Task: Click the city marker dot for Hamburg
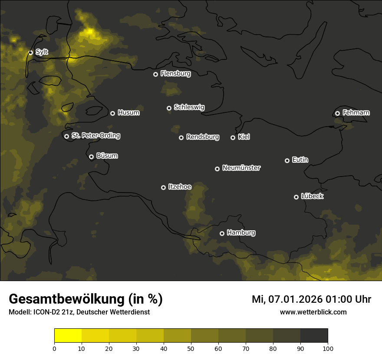click(222, 233)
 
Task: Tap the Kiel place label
click(244, 137)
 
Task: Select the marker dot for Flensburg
click(155, 74)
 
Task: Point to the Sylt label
click(42, 52)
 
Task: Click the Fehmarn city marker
click(337, 113)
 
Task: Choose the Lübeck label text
click(312, 196)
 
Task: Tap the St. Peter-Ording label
click(95, 136)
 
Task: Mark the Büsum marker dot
click(91, 157)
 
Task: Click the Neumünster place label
click(241, 168)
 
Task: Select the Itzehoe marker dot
click(163, 187)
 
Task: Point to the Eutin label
click(300, 160)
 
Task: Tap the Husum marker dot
click(112, 113)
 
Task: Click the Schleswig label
click(189, 107)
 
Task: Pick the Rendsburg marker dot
click(181, 137)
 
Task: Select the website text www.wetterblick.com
click(313, 312)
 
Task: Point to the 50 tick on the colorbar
click(191, 348)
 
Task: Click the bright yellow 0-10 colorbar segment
click(68, 336)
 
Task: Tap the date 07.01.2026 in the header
click(296, 299)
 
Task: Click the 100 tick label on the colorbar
click(328, 348)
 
